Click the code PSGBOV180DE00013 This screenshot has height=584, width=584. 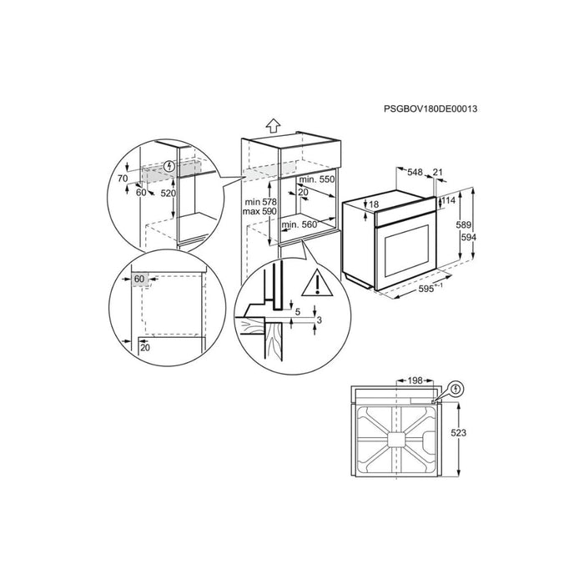click(430, 108)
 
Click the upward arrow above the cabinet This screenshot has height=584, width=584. click(273, 125)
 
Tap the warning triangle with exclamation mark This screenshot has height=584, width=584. click(316, 282)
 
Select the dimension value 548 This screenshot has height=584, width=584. click(415, 172)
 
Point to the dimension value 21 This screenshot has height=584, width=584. click(438, 172)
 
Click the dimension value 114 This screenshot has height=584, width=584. click(449, 200)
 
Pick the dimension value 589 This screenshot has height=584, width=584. click(464, 224)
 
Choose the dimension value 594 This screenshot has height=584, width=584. click(469, 237)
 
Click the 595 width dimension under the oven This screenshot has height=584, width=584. click(426, 289)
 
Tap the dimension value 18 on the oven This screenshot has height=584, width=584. click(374, 204)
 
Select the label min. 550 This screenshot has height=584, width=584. click(317, 179)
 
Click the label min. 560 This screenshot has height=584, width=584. click(299, 224)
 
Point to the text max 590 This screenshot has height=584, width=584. click(259, 211)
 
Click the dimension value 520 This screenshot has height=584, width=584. click(168, 193)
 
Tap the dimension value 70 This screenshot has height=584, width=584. click(123, 179)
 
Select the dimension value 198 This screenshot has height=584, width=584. click(415, 380)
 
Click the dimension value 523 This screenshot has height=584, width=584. click(459, 433)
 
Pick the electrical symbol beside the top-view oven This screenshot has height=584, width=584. click(456, 390)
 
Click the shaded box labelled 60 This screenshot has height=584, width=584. click(139, 279)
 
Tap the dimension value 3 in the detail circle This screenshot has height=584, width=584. click(319, 320)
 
